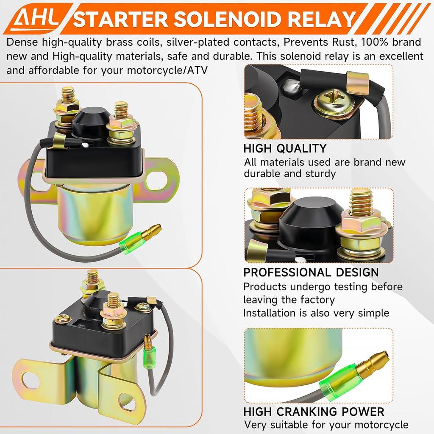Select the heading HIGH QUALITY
click(285, 148)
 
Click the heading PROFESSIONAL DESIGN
click(311, 272)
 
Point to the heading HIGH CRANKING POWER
click(314, 412)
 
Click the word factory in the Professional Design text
click(313, 300)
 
